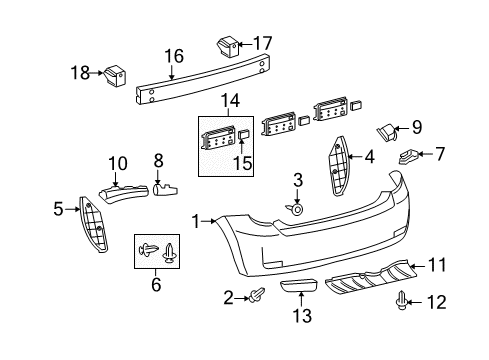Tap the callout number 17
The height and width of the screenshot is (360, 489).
click(262, 43)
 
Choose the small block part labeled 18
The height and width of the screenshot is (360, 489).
click(116, 74)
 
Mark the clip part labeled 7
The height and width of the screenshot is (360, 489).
click(410, 156)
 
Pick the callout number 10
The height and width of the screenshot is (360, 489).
click(118, 162)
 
